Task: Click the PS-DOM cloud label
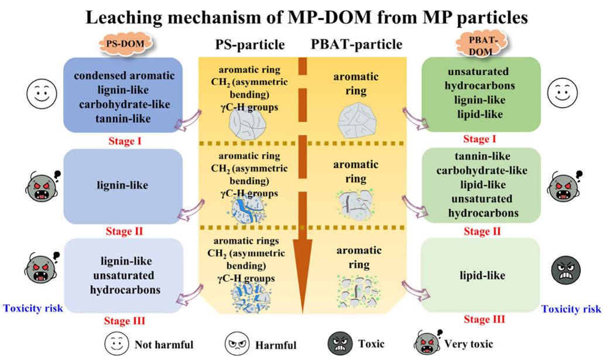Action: pyautogui.click(x=122, y=43)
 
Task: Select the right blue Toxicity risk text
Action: pyautogui.click(x=571, y=308)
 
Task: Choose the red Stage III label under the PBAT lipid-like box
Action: pyautogui.click(x=484, y=320)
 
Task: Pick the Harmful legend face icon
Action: pyautogui.click(x=235, y=344)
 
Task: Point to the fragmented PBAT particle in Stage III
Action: pyautogui.click(x=355, y=291)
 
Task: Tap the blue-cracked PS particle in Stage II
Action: pyautogui.click(x=248, y=208)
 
